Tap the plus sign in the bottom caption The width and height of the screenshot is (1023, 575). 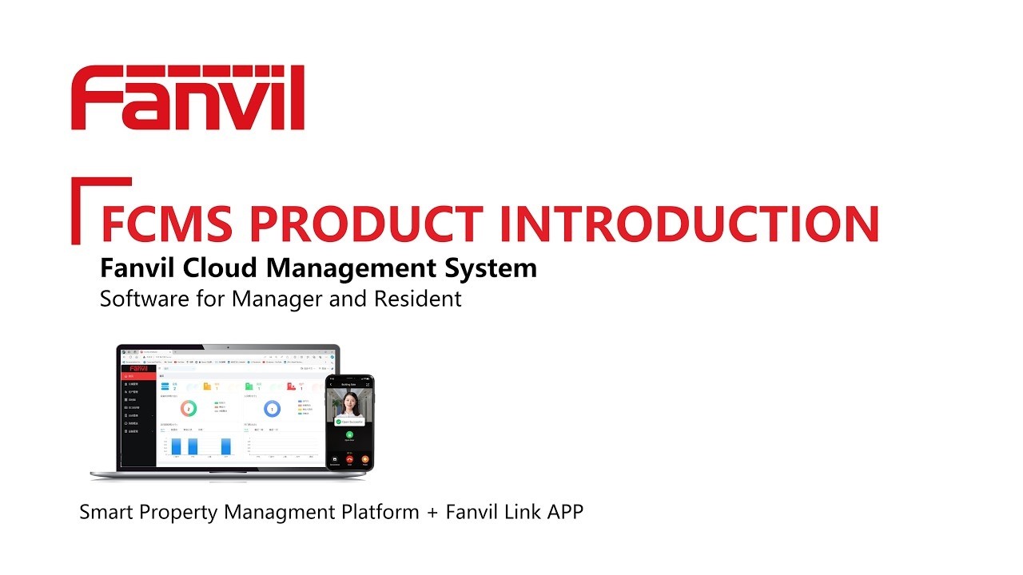click(x=432, y=512)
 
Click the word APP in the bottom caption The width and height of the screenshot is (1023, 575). click(x=564, y=512)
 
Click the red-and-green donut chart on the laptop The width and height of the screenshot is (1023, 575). click(x=189, y=409)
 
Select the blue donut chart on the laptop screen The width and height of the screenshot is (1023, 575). click(x=272, y=409)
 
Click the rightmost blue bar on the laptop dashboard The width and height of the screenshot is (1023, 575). click(x=226, y=446)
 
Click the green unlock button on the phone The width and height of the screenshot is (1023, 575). click(x=350, y=434)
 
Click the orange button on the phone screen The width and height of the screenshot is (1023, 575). click(x=365, y=458)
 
